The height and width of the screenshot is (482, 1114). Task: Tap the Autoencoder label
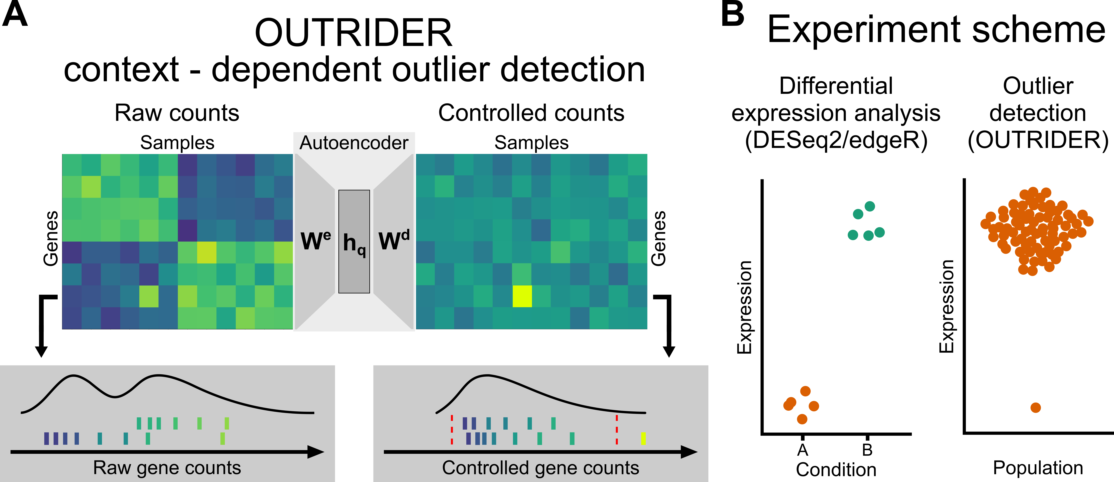354,143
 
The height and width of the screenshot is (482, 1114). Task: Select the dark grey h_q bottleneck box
354,241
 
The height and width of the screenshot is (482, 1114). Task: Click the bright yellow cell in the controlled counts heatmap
522,296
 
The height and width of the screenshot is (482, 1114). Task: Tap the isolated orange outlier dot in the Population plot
1035,408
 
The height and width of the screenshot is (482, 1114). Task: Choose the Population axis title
1038,468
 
